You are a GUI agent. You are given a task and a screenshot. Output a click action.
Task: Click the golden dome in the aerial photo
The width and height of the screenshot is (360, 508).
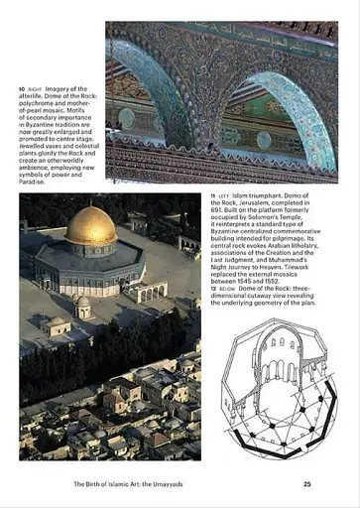point(90,227)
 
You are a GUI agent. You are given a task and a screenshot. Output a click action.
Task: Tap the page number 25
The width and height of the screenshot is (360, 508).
point(307,484)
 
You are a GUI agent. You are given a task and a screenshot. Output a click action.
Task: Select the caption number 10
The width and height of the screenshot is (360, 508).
point(22,89)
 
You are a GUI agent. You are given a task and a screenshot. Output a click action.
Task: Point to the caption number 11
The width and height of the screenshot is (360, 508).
point(213,197)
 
